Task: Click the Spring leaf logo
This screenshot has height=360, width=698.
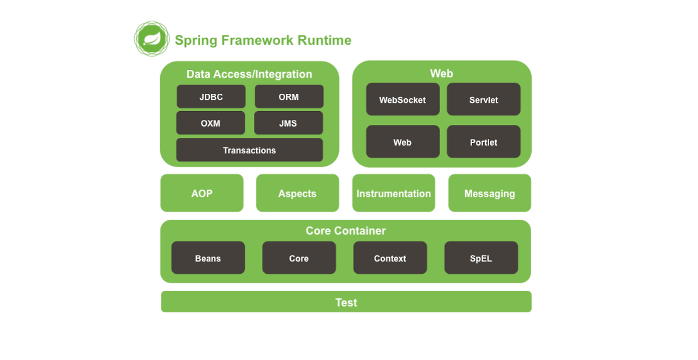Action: pyautogui.click(x=152, y=39)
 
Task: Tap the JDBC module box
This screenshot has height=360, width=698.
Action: pyautogui.click(x=211, y=97)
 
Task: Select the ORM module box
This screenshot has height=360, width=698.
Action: pyautogui.click(x=289, y=97)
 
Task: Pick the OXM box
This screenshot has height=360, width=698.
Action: pyautogui.click(x=210, y=123)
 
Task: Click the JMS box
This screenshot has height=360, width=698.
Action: pyautogui.click(x=288, y=123)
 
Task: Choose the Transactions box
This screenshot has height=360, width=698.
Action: pyautogui.click(x=250, y=150)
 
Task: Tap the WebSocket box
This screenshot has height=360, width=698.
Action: pyautogui.click(x=403, y=99)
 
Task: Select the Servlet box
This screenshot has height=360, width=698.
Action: pyautogui.click(x=484, y=99)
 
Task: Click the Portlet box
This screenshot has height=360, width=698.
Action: pyautogui.click(x=484, y=142)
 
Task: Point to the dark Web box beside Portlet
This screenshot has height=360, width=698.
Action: pyautogui.click(x=403, y=142)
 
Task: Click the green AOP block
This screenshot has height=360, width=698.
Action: pyautogui.click(x=202, y=193)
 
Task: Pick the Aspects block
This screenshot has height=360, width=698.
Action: pyautogui.click(x=298, y=193)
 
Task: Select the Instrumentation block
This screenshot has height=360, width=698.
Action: pyautogui.click(x=394, y=193)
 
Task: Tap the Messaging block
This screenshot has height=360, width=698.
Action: pyautogui.click(x=490, y=193)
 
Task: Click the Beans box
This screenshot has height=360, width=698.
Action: pyautogui.click(x=208, y=258)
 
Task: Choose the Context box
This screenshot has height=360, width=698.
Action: pyautogui.click(x=390, y=258)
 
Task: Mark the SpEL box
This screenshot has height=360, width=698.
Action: pyautogui.click(x=481, y=258)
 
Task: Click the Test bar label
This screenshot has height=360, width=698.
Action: pyautogui.click(x=346, y=302)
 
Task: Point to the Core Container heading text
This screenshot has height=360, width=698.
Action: pyautogui.click(x=346, y=231)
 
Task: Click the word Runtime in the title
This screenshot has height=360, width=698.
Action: pyautogui.click(x=324, y=40)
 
